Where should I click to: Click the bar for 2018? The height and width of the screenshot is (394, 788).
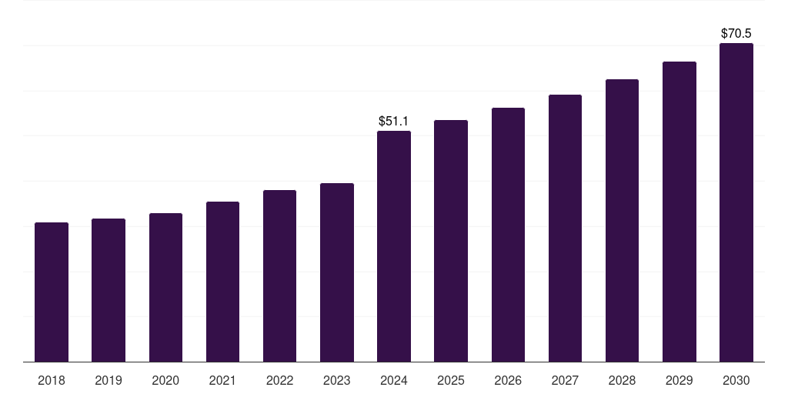[52, 292]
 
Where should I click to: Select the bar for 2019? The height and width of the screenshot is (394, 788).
[109, 290]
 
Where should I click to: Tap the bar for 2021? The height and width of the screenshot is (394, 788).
[222, 282]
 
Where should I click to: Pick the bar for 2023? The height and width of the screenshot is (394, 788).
[337, 272]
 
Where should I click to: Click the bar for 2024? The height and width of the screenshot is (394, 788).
[394, 246]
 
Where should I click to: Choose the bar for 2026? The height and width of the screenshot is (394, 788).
[508, 235]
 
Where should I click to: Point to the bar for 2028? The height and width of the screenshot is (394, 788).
[622, 221]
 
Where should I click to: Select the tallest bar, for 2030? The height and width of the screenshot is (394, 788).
[736, 202]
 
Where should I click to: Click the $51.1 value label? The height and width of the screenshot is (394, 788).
[394, 122]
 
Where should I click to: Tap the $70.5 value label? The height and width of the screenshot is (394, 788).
[736, 34]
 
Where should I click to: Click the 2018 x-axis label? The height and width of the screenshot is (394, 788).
[52, 381]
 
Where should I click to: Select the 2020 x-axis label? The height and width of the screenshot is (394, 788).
[165, 381]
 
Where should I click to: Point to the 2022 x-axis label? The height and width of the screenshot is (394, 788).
[279, 381]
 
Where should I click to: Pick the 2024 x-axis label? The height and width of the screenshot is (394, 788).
[394, 381]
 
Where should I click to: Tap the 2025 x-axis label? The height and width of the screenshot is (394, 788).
[451, 381]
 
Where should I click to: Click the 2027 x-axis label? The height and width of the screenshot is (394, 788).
[565, 381]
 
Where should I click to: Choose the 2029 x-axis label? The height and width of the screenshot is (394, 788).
[679, 381]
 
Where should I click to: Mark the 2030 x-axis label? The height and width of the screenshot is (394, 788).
[736, 381]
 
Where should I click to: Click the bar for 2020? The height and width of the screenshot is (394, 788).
[165, 288]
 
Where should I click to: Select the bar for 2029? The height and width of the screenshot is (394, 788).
[679, 212]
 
